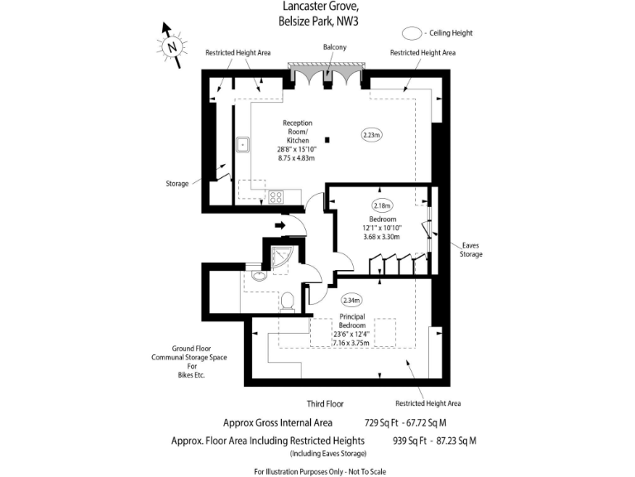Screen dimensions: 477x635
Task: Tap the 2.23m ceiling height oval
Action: (372, 134)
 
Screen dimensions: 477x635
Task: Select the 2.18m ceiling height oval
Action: (382, 205)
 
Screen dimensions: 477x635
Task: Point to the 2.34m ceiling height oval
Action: (351, 301)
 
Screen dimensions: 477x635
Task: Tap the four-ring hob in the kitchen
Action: (275, 196)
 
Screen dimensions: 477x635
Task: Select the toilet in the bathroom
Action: (289, 301)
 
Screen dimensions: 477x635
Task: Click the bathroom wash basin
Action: (260, 276)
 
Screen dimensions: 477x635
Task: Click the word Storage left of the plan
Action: (177, 183)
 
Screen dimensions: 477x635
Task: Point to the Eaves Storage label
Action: (471, 249)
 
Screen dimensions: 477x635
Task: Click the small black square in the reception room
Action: (328, 139)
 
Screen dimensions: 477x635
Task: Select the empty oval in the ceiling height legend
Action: (412, 34)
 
